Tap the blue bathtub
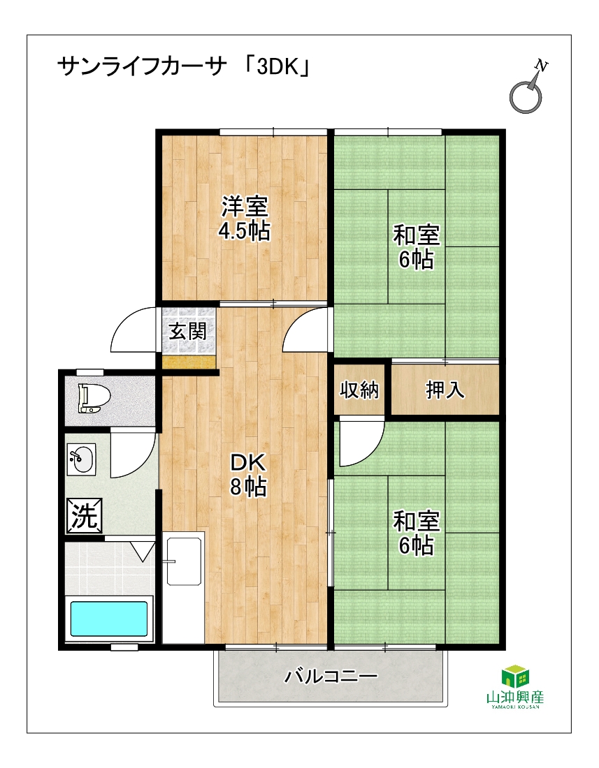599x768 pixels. tap(109, 619)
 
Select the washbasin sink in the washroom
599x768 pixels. tap(81, 460)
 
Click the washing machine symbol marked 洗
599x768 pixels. tap(85, 516)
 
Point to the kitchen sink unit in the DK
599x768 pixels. tap(183, 587)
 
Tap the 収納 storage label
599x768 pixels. tap(359, 390)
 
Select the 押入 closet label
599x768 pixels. tap(445, 390)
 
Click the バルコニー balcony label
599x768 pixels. tap(331, 677)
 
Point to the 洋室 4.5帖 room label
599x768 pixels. tap(245, 219)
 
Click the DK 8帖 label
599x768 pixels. tap(248, 474)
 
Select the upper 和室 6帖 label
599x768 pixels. tap(417, 247)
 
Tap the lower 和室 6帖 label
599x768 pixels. tap(417, 533)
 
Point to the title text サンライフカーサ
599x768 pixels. tap(143, 67)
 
